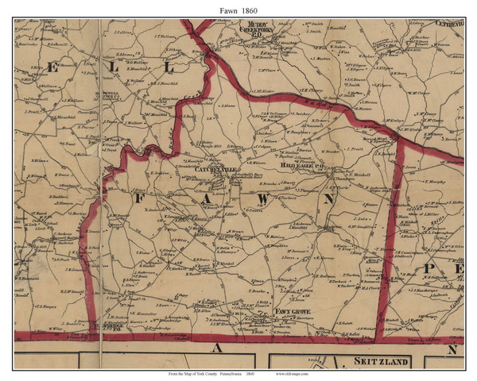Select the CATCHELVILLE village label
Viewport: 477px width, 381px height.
pos(207,169)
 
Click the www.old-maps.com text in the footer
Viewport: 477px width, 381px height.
pos(295,373)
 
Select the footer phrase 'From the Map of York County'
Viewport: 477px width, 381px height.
pos(191,373)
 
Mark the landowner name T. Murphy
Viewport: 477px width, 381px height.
pos(436,183)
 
